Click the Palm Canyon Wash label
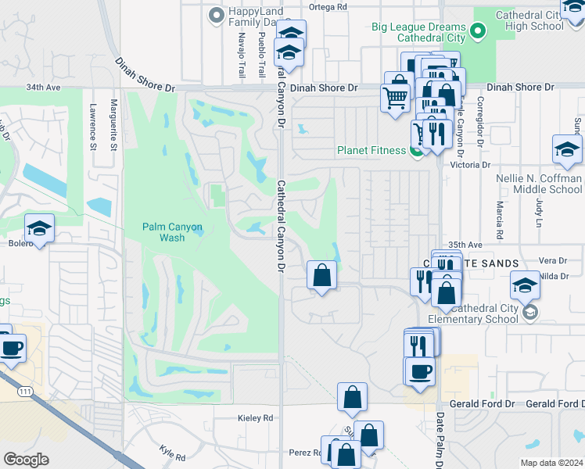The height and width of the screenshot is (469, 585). point(172,232)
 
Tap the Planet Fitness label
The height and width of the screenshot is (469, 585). point(372,151)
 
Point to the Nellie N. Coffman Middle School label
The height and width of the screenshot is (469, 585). point(539,184)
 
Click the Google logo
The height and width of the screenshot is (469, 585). point(26,460)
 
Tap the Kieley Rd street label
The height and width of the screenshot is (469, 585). point(255,418)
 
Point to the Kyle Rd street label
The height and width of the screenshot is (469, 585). point(172,453)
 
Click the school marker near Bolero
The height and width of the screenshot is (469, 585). point(39,227)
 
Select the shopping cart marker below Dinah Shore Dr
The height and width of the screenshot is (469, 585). point(396,98)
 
